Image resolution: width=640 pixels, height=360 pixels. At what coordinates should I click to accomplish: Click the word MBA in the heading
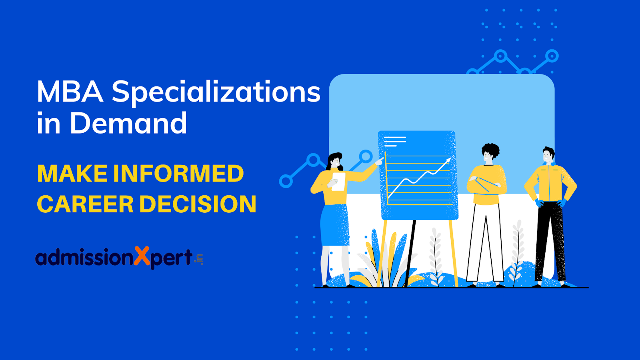[x=70, y=92]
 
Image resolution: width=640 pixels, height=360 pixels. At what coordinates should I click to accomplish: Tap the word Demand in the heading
[x=128, y=123]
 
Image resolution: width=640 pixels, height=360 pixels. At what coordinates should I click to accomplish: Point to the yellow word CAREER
[x=85, y=204]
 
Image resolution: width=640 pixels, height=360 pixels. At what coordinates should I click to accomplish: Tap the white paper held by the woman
[x=338, y=182]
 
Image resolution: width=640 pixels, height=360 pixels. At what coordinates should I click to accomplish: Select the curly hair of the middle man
[x=490, y=150]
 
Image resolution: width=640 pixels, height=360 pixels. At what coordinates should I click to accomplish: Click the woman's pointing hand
[x=379, y=162]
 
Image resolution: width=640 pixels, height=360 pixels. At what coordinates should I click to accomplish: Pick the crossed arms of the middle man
[x=486, y=184]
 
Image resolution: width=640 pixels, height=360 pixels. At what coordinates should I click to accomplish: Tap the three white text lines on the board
[x=395, y=142]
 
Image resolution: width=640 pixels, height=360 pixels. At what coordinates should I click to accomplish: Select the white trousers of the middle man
[x=485, y=242]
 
